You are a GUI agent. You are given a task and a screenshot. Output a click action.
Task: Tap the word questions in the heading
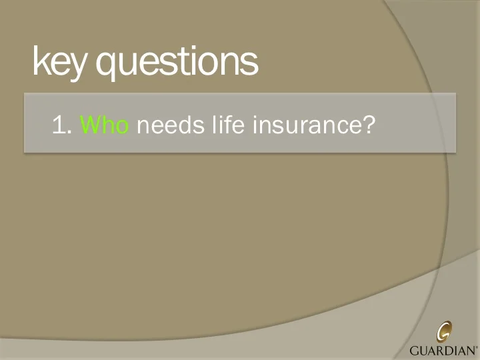click(x=177, y=61)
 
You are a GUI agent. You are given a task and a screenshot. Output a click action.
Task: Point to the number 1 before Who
click(x=58, y=124)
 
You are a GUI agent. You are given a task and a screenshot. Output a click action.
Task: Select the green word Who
click(x=104, y=124)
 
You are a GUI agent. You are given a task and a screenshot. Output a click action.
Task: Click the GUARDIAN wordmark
click(x=442, y=350)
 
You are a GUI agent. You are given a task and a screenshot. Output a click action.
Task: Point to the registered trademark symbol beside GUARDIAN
click(x=477, y=347)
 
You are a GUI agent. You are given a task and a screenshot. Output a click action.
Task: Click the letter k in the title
click(x=39, y=61)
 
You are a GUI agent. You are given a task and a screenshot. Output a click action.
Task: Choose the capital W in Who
click(x=89, y=124)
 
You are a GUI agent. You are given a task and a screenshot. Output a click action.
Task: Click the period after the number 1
click(x=69, y=131)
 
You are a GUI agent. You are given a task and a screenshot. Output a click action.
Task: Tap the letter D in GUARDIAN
click(x=451, y=350)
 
